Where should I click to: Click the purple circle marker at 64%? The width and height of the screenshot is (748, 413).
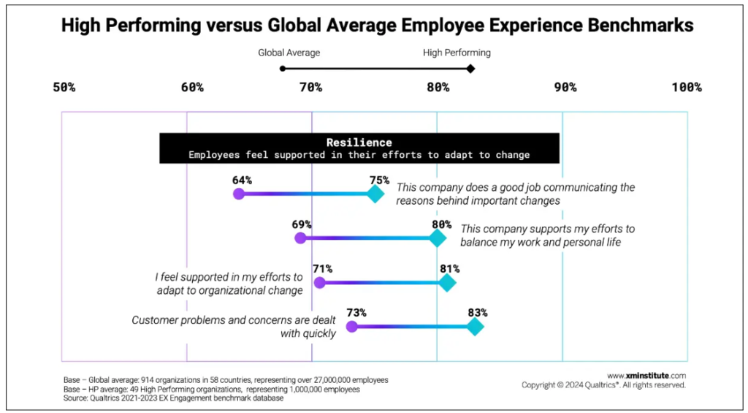point(238,194)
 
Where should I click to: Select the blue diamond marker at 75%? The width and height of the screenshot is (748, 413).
point(375,194)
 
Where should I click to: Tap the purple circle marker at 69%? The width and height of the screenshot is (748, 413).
point(299,238)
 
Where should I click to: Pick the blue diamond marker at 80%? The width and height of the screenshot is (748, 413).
point(438,238)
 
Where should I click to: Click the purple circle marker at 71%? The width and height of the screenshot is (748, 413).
point(319,283)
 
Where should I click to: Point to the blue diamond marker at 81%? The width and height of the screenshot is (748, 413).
point(447,283)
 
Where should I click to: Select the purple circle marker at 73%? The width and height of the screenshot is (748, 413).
point(351,327)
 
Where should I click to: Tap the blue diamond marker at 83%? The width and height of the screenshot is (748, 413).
point(476,327)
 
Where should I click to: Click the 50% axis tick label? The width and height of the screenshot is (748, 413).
point(64,88)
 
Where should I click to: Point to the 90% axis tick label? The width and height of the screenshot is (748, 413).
point(565,88)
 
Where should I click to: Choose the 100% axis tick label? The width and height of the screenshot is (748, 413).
point(687,88)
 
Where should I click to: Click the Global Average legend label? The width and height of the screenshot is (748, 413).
point(289,53)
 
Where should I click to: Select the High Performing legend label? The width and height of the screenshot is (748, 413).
point(457,53)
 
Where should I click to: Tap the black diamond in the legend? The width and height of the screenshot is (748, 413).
point(470,69)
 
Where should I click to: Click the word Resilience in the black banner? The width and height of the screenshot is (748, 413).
point(359,143)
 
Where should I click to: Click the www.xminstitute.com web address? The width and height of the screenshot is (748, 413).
point(646,375)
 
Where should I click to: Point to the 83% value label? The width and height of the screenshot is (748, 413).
point(477,312)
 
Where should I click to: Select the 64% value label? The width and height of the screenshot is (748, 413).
point(243,180)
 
